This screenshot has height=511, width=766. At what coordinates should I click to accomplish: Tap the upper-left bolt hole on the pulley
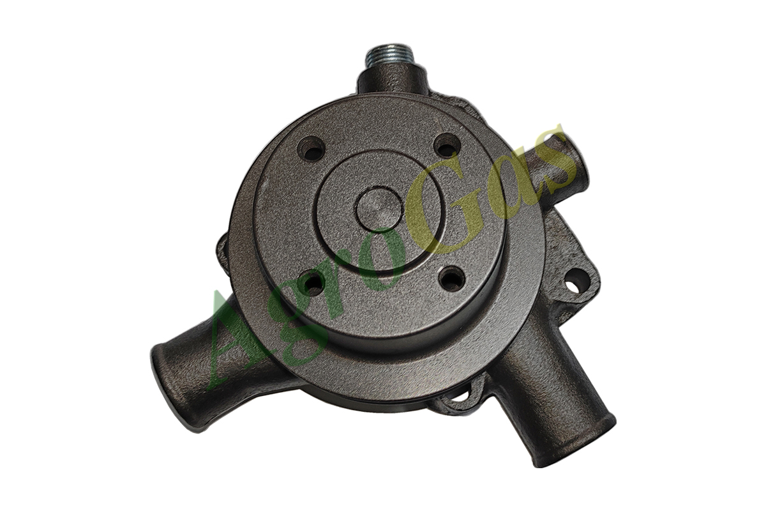click(311, 149)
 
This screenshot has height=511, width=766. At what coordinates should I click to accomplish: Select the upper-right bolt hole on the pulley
click(447, 146)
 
